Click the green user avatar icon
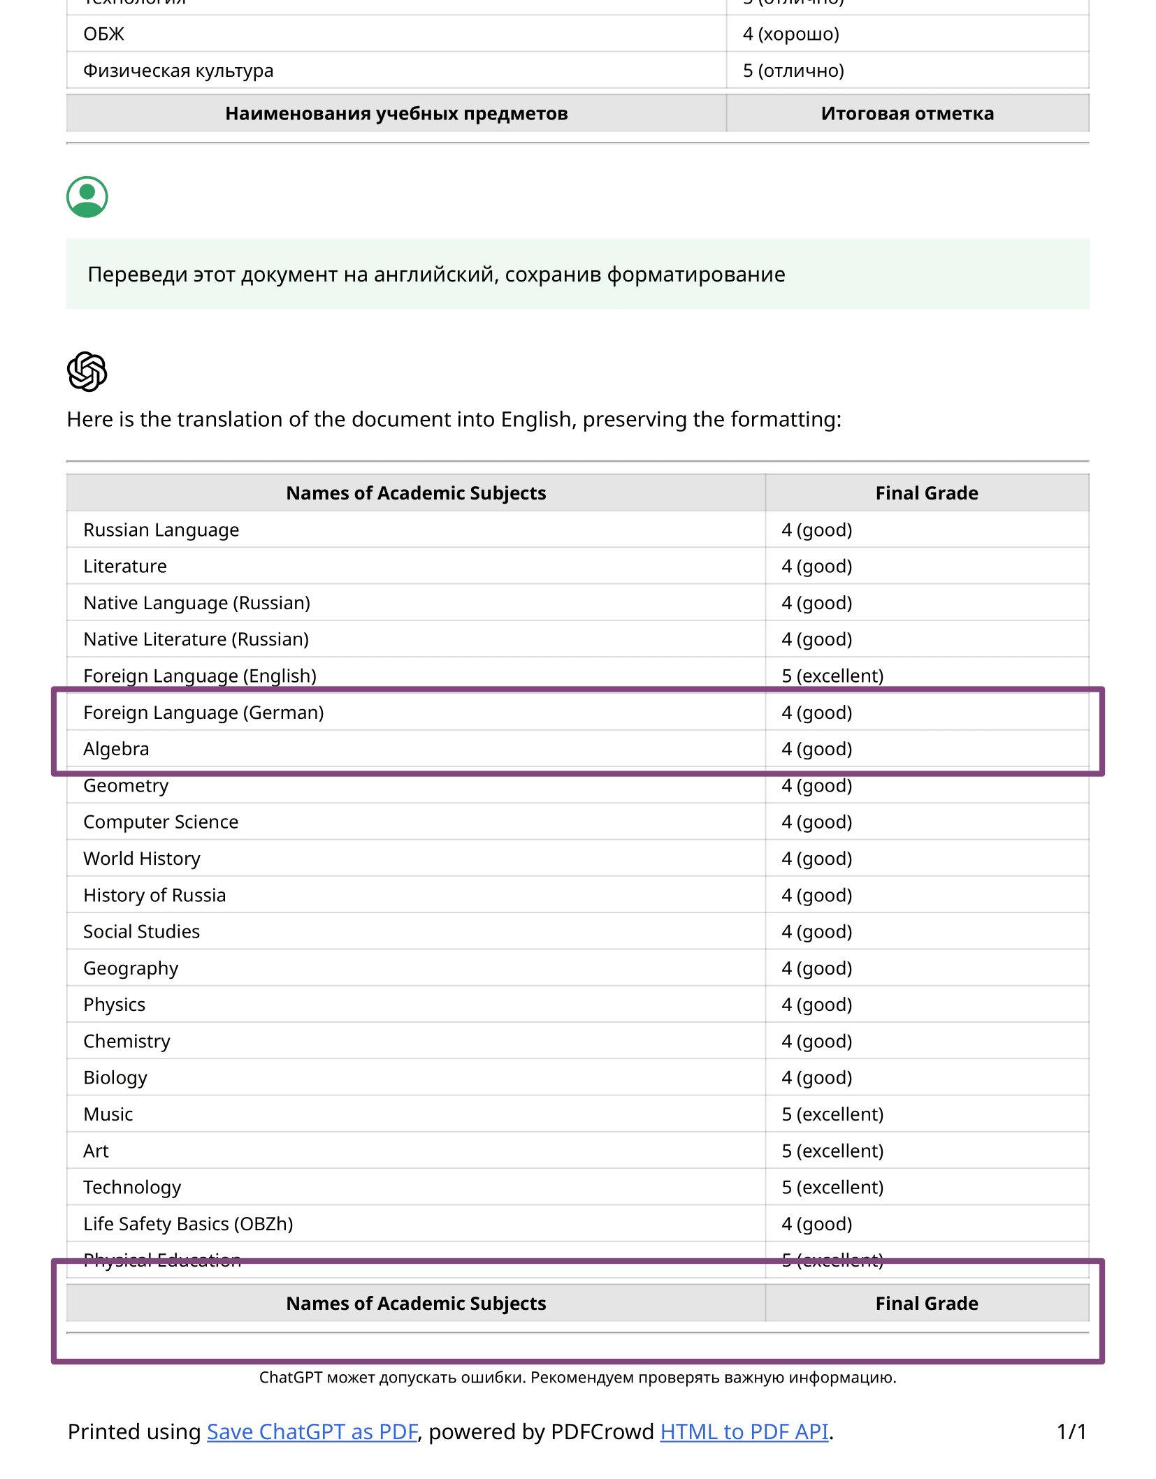pos(87,197)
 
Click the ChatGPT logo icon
pos(87,371)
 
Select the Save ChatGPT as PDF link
pos(312,1431)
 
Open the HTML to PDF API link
pos(744,1431)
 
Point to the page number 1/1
pos(1071,1432)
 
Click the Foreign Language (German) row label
pos(203,713)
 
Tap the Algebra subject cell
pos(116,749)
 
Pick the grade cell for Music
pos(832,1114)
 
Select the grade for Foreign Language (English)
pos(832,676)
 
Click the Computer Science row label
pos(161,822)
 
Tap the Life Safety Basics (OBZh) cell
pos(188,1224)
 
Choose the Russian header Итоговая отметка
pos(907,113)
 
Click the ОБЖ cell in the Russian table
pos(103,34)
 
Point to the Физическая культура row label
pos(178,71)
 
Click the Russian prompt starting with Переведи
pos(436,275)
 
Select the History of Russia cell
pos(154,896)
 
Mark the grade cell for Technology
pos(832,1188)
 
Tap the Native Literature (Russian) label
pos(196,639)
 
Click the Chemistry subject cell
pos(127,1042)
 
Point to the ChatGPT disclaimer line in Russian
pos(577,1378)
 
